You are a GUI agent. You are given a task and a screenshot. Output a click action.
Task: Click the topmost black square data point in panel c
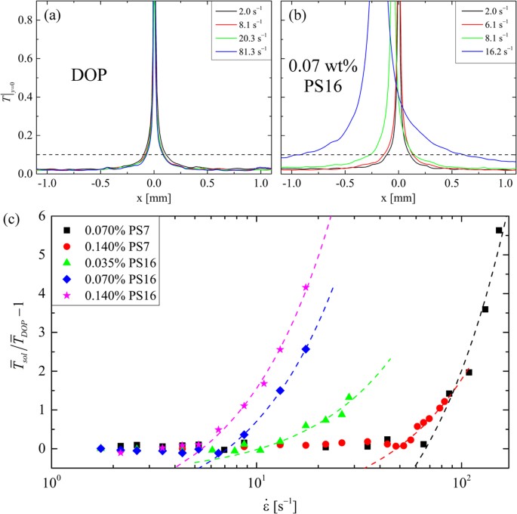coord(499,231)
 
